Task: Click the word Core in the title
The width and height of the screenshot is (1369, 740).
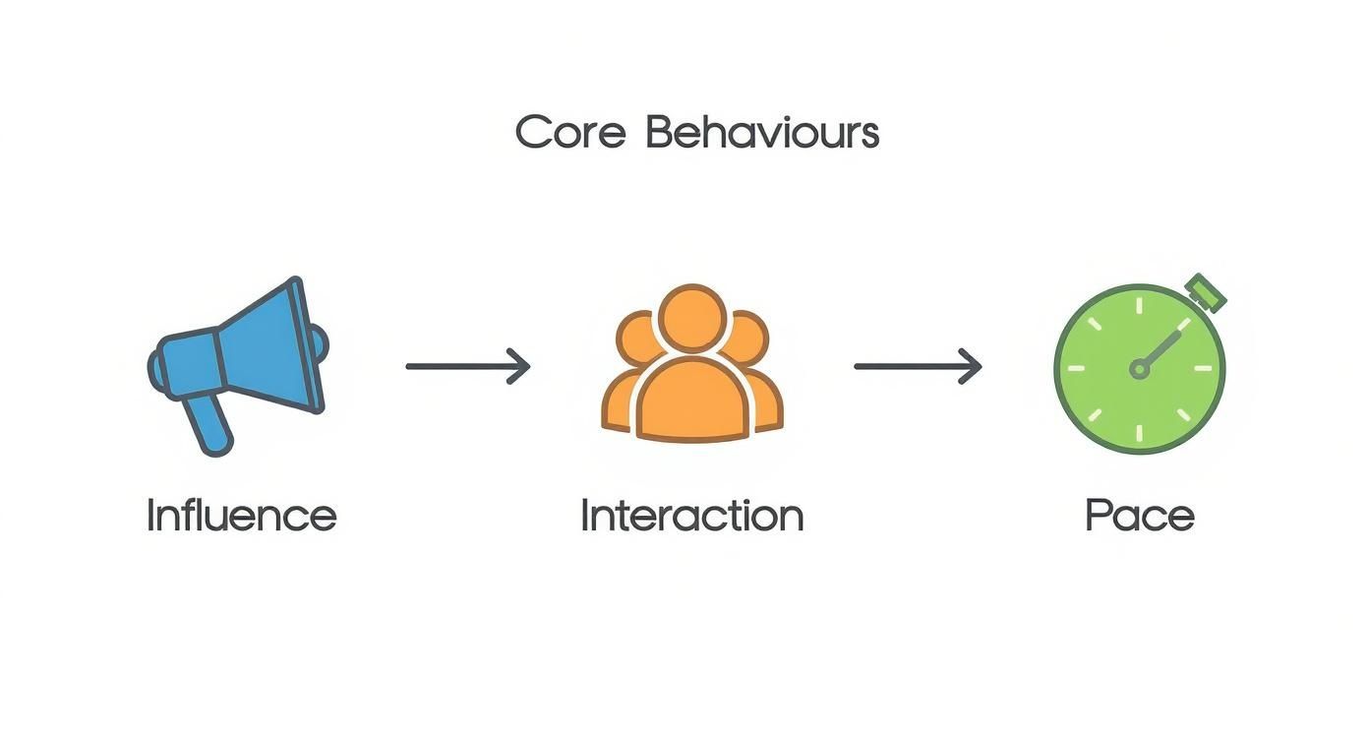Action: pyautogui.click(x=570, y=133)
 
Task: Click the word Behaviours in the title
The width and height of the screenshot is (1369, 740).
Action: pyautogui.click(x=761, y=133)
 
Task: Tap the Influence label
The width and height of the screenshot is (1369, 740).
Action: pyautogui.click(x=241, y=516)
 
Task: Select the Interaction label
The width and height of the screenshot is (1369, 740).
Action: pyautogui.click(x=691, y=516)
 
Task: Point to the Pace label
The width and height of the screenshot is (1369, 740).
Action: pyautogui.click(x=1139, y=516)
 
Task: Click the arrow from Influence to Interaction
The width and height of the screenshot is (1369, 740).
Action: pyautogui.click(x=468, y=367)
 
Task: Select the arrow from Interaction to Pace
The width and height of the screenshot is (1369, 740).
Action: pyautogui.click(x=917, y=367)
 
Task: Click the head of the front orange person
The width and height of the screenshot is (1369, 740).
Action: pyautogui.click(x=692, y=317)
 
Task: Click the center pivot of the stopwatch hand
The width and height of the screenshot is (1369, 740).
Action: pyautogui.click(x=1139, y=369)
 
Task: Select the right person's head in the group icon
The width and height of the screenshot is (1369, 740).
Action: pyautogui.click(x=747, y=337)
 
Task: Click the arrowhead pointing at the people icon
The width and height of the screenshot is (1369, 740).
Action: pyautogui.click(x=521, y=367)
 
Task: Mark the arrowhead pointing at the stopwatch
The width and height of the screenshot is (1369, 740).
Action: pyautogui.click(x=972, y=367)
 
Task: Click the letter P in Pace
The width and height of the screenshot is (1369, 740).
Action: pyautogui.click(x=1097, y=516)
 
